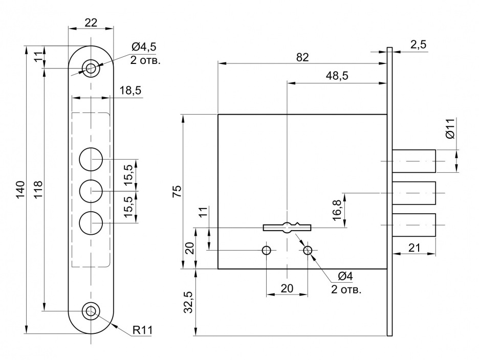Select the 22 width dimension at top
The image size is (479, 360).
pos(91,22)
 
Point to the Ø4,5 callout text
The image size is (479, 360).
pos(143,47)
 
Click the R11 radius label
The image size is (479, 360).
pos(143,330)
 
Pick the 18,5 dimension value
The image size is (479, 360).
pos(130,91)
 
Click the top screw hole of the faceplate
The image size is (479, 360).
pos(92,67)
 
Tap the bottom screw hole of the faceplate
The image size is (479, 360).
pos(92,311)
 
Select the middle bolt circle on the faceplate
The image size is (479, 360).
pos(92,191)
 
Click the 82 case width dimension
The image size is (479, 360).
pos(302,57)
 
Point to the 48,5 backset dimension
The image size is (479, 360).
pos(337,76)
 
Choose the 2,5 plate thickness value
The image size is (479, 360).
pos(418,44)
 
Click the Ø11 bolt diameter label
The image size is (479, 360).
pos(449,129)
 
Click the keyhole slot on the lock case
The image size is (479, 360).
pos(287,227)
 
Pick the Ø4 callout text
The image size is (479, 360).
pos(345,277)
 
